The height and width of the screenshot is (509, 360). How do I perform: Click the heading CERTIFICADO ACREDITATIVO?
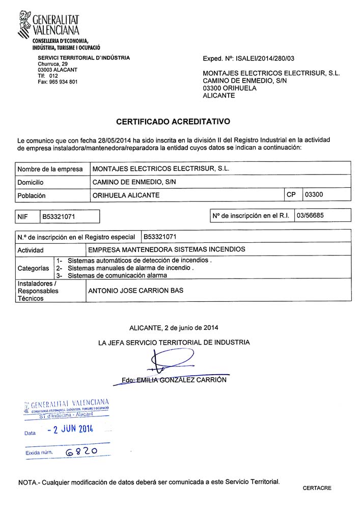point(173,122)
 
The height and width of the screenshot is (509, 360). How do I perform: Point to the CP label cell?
point(291,194)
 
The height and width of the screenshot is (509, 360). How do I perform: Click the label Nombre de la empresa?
point(50,169)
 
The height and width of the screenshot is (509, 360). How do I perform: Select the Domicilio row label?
point(31,182)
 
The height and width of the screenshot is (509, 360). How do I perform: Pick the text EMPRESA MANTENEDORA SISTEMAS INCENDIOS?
point(167,249)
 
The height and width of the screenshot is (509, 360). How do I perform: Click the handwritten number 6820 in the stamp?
point(81,451)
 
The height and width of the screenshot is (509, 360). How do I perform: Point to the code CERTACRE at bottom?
point(317,488)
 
